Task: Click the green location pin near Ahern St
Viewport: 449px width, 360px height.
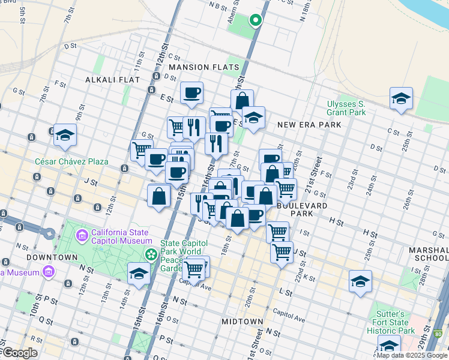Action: point(255,20)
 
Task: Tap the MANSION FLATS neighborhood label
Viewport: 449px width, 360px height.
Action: point(203,67)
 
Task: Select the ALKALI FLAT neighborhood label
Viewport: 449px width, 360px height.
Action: point(112,79)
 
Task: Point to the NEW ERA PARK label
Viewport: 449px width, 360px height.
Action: point(309,125)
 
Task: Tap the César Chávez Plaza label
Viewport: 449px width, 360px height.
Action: point(71,161)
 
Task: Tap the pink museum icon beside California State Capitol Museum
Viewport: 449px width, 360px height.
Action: point(82,233)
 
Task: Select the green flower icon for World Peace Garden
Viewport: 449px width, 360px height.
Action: point(151,255)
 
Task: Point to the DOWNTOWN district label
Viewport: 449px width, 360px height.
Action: point(52,257)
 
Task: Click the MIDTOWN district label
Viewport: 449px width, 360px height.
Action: point(242,322)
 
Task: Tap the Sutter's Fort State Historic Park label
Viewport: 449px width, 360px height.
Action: point(394,322)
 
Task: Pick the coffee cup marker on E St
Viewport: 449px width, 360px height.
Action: point(191,93)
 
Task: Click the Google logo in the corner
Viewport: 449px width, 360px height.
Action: point(19,353)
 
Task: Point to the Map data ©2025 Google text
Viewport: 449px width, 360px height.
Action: point(412,355)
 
